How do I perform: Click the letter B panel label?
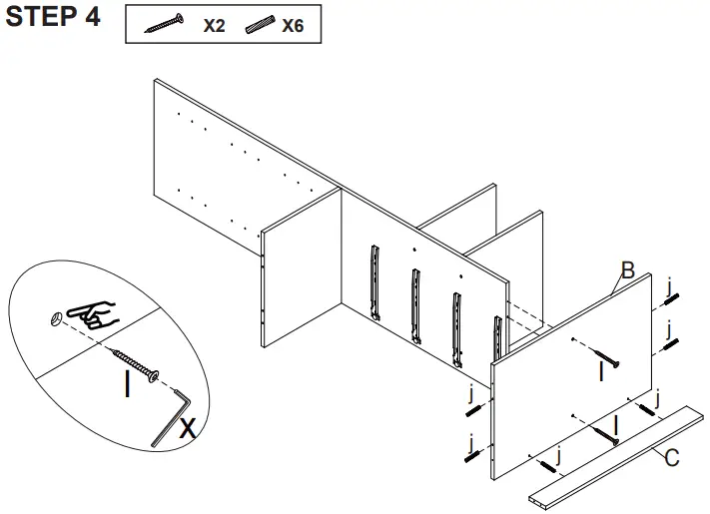(627, 270)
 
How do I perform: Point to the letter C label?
(672, 459)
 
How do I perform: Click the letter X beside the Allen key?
(187, 430)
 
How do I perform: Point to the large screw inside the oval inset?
(135, 364)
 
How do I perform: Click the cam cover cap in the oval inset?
(57, 318)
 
